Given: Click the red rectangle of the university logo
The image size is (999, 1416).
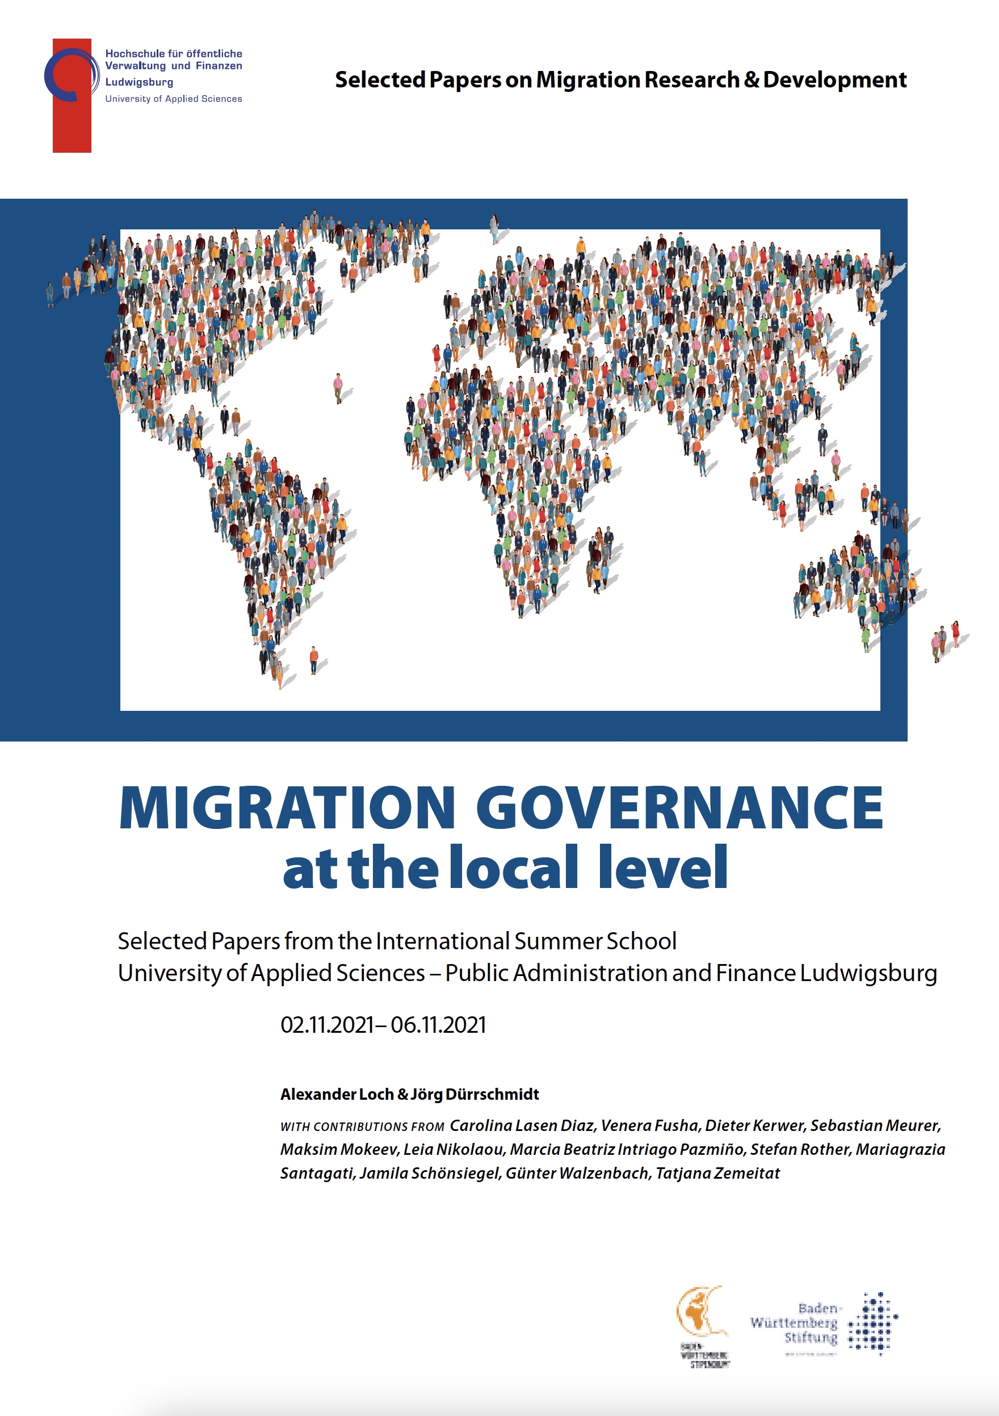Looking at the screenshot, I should (72, 123).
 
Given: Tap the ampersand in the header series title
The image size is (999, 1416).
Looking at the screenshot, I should (750, 79).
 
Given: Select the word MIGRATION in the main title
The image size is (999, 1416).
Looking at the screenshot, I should (287, 807).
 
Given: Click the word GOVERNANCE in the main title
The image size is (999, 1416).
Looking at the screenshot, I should (679, 807).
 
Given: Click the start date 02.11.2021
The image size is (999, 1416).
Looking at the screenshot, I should (327, 1025).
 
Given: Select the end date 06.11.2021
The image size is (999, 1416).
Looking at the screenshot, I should (438, 1025).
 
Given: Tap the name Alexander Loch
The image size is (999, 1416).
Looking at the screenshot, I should (337, 1094).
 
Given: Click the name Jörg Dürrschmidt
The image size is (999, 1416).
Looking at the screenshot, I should (475, 1094).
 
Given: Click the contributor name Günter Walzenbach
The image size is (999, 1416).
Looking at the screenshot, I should (577, 1173).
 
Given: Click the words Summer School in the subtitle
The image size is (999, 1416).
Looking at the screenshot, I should (595, 941).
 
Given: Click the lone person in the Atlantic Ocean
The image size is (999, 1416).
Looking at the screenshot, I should (338, 387).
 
